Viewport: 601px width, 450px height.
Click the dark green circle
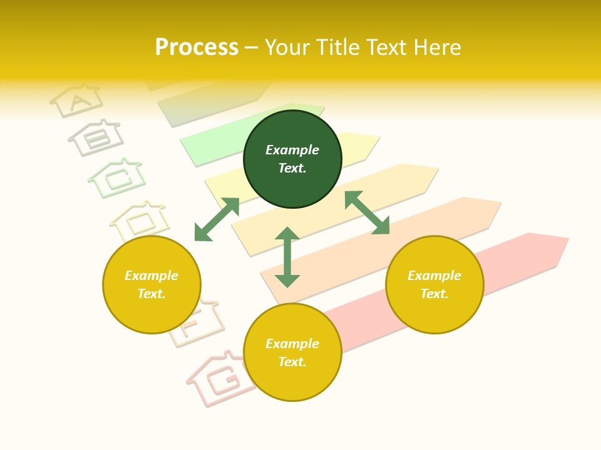tap(292, 159)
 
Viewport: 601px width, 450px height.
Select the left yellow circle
tap(152, 284)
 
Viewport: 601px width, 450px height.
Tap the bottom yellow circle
tap(292, 352)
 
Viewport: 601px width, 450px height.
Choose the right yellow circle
tap(434, 284)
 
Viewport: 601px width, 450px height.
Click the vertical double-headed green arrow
tap(287, 257)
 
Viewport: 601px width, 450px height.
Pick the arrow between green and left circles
tap(217, 219)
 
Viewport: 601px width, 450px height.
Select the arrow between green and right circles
tap(367, 212)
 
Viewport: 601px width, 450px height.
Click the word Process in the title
tap(197, 47)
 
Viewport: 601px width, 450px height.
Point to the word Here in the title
tap(437, 47)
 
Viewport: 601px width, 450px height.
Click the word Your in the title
tap(286, 47)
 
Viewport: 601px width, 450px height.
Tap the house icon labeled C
tap(117, 177)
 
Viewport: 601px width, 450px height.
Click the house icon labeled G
tap(219, 378)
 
